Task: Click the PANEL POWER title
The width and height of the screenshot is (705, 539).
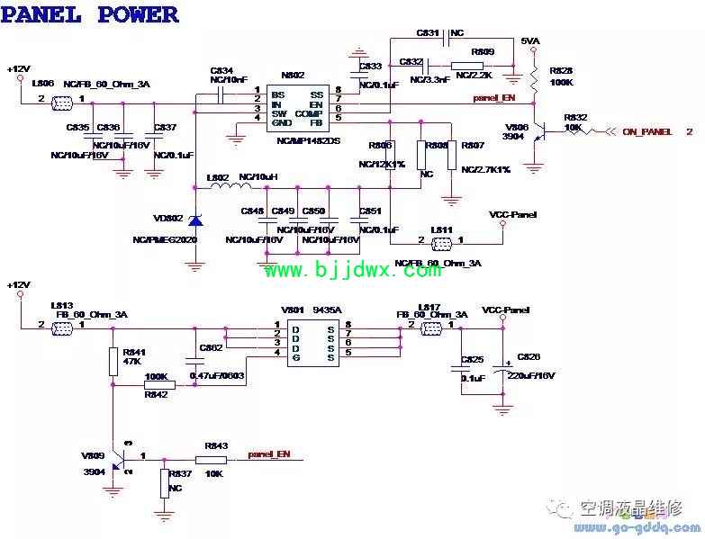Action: tap(89, 15)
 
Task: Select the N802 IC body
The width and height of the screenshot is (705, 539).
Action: tap(297, 105)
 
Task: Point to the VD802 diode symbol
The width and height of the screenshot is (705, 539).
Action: tap(194, 220)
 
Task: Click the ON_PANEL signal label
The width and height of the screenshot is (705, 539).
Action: tap(646, 131)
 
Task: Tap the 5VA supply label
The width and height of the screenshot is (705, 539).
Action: tap(531, 42)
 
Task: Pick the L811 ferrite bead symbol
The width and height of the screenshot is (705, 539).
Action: tap(441, 240)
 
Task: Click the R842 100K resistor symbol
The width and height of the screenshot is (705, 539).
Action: tap(159, 384)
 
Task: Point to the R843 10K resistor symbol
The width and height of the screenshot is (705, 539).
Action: tap(211, 460)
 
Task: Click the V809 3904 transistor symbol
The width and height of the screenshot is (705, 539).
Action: tap(118, 459)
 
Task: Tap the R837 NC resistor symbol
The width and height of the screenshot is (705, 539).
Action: tap(164, 483)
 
